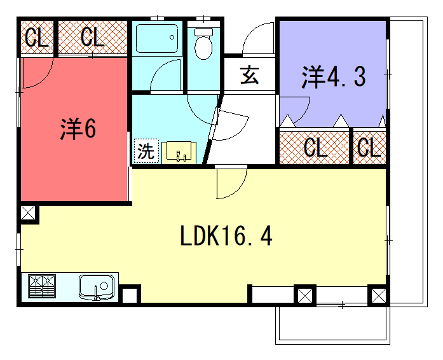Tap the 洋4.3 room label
331,75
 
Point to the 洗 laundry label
145,152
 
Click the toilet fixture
204,43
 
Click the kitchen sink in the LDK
96,287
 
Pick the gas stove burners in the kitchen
43,287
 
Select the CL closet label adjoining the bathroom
92,39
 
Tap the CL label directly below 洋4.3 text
315,148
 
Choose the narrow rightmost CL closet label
368,148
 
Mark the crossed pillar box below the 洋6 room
27,214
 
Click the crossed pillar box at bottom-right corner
377,296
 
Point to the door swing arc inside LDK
228,182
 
